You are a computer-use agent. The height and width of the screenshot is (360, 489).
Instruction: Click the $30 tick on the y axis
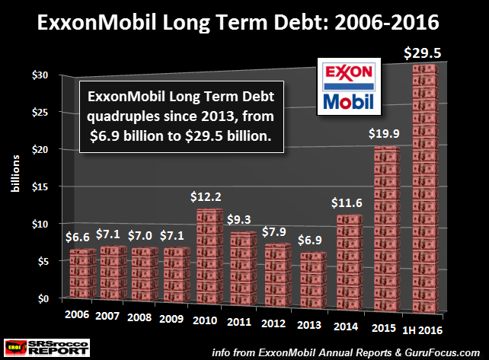click(38, 75)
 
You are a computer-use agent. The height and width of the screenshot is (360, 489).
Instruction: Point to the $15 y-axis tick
click(38, 186)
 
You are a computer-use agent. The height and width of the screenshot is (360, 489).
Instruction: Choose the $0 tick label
click(40, 298)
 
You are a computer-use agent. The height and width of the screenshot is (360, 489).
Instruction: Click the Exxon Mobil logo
click(349, 85)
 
